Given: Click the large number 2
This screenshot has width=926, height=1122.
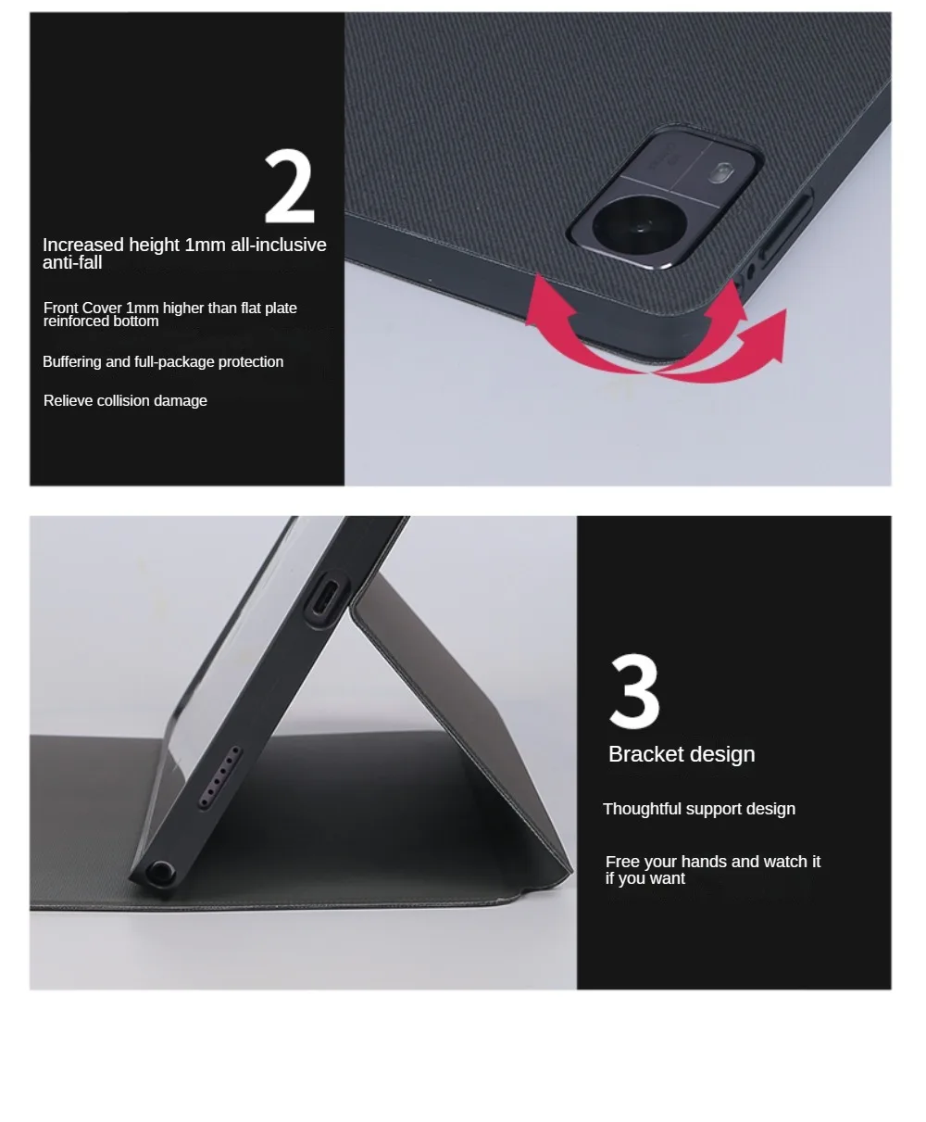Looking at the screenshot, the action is click(290, 186).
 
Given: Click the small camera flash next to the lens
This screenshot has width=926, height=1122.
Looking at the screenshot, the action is click(721, 173).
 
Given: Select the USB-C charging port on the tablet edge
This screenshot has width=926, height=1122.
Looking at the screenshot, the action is click(326, 596).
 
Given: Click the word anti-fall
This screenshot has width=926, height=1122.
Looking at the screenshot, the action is click(72, 263).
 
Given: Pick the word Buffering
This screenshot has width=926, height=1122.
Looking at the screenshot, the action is click(72, 362).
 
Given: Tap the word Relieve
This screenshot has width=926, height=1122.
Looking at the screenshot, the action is click(69, 401).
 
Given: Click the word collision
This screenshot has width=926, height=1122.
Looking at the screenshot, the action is click(122, 401).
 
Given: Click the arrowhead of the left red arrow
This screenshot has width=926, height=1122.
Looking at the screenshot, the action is click(545, 301).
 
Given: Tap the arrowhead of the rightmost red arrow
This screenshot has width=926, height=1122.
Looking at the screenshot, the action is click(766, 334).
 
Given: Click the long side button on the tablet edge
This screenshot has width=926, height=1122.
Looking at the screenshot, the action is click(784, 228).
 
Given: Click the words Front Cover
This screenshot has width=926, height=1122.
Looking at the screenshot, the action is click(82, 309).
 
